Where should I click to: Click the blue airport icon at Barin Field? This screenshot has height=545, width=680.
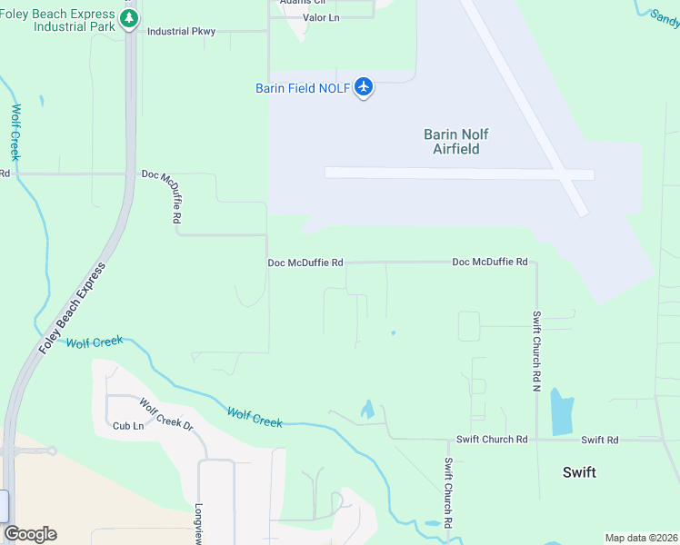364,87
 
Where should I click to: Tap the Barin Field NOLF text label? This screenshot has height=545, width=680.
301,88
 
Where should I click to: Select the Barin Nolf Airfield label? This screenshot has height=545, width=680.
451,141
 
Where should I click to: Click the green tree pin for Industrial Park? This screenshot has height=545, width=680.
129,19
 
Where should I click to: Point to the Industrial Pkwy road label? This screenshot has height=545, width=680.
181,32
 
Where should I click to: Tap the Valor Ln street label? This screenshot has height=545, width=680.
320,17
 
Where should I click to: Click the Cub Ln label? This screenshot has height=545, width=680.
128,425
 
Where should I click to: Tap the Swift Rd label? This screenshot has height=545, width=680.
600,440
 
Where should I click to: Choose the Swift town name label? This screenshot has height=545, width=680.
579,472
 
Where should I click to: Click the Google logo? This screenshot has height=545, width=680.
30,534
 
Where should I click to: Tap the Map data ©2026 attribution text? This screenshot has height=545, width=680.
641,538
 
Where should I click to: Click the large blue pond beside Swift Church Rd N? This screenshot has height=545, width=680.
563,413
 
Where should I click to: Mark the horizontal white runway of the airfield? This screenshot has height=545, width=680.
459,173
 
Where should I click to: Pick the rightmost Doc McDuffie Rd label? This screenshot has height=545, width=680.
490,262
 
